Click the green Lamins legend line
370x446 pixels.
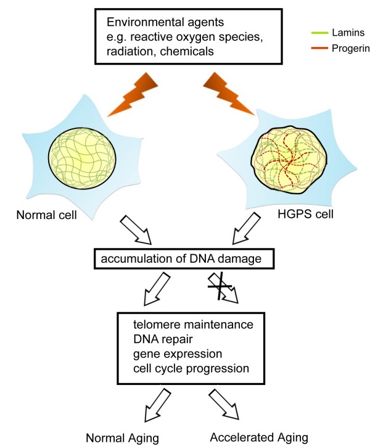click(319, 33)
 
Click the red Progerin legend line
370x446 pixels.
click(319, 48)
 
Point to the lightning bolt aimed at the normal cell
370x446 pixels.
click(132, 94)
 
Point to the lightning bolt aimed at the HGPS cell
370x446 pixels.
click(229, 94)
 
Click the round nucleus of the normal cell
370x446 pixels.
click(82, 158)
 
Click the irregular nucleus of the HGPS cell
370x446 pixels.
click(290, 160)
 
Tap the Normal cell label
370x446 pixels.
click(47, 215)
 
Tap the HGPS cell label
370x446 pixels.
click(305, 214)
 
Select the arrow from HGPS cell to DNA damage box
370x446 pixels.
click(246, 228)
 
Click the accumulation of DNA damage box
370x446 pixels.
click(184, 258)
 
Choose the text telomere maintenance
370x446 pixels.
click(193, 324)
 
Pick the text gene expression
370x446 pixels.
click(178, 354)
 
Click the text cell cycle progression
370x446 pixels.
click(191, 369)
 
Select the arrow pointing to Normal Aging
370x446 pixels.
click(157, 405)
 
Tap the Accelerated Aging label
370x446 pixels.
click(259, 437)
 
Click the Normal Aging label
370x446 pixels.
click(122, 438)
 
